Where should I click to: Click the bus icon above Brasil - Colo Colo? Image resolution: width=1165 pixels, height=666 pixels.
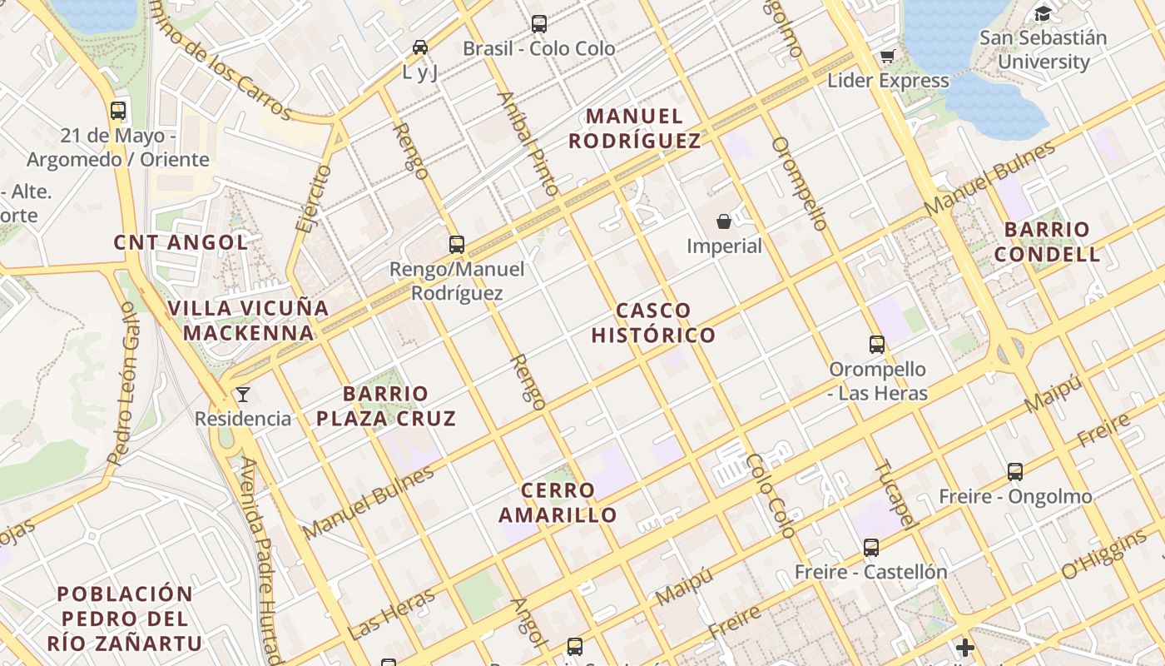[539, 24]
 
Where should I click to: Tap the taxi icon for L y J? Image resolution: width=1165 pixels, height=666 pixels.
[420, 47]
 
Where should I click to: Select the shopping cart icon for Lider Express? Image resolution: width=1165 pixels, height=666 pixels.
[887, 57]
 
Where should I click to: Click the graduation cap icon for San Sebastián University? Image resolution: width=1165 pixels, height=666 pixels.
[1043, 13]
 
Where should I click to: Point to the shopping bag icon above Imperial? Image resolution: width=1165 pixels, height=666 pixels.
[724, 221]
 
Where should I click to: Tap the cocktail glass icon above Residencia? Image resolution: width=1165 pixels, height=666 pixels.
[243, 394]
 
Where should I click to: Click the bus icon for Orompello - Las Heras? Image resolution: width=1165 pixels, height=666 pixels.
[877, 345]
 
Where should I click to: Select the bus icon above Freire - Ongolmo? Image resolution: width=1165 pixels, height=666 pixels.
[1015, 472]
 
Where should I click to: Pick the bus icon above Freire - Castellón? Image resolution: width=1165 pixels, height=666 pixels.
[871, 548]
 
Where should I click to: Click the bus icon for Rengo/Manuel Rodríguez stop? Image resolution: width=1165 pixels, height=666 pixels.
[456, 245]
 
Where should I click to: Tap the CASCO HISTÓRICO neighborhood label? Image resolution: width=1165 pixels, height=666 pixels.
[653, 323]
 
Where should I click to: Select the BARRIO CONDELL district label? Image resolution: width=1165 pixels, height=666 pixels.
[1047, 241]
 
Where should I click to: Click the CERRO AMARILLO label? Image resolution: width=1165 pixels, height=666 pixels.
[558, 502]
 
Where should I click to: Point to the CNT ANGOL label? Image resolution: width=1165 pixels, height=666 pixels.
[181, 242]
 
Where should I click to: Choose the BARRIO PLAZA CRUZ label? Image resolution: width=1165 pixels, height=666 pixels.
[386, 405]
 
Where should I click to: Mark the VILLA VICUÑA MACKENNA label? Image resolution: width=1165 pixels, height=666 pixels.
[249, 321]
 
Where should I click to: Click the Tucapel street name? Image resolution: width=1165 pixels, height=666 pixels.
[897, 495]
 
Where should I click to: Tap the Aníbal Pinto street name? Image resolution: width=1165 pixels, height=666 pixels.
[528, 142]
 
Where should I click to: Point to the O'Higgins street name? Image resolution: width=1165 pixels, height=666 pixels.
[1103, 554]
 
